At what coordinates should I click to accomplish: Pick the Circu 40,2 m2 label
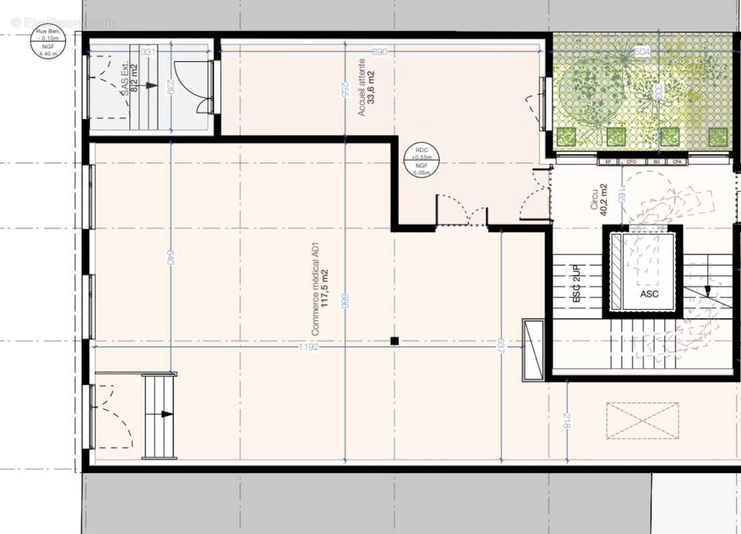pyautogui.click(x=599, y=197)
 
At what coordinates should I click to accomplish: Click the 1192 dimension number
pyautogui.click(x=309, y=347)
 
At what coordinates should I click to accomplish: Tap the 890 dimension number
pyautogui.click(x=379, y=52)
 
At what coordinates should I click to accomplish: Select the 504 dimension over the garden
pyautogui.click(x=641, y=52)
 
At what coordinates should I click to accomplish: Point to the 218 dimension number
pyautogui.click(x=567, y=421)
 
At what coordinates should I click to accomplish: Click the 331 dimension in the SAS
pyautogui.click(x=148, y=52)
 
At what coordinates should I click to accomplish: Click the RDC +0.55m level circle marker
pyautogui.click(x=422, y=161)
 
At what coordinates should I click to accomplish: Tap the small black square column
pyautogui.click(x=394, y=341)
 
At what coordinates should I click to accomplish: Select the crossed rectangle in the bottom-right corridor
pyautogui.click(x=642, y=421)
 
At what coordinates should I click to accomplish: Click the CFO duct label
pyautogui.click(x=631, y=162)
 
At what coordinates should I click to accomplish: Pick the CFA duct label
pyautogui.click(x=677, y=162)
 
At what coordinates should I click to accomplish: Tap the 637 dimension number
pyautogui.click(x=500, y=346)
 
